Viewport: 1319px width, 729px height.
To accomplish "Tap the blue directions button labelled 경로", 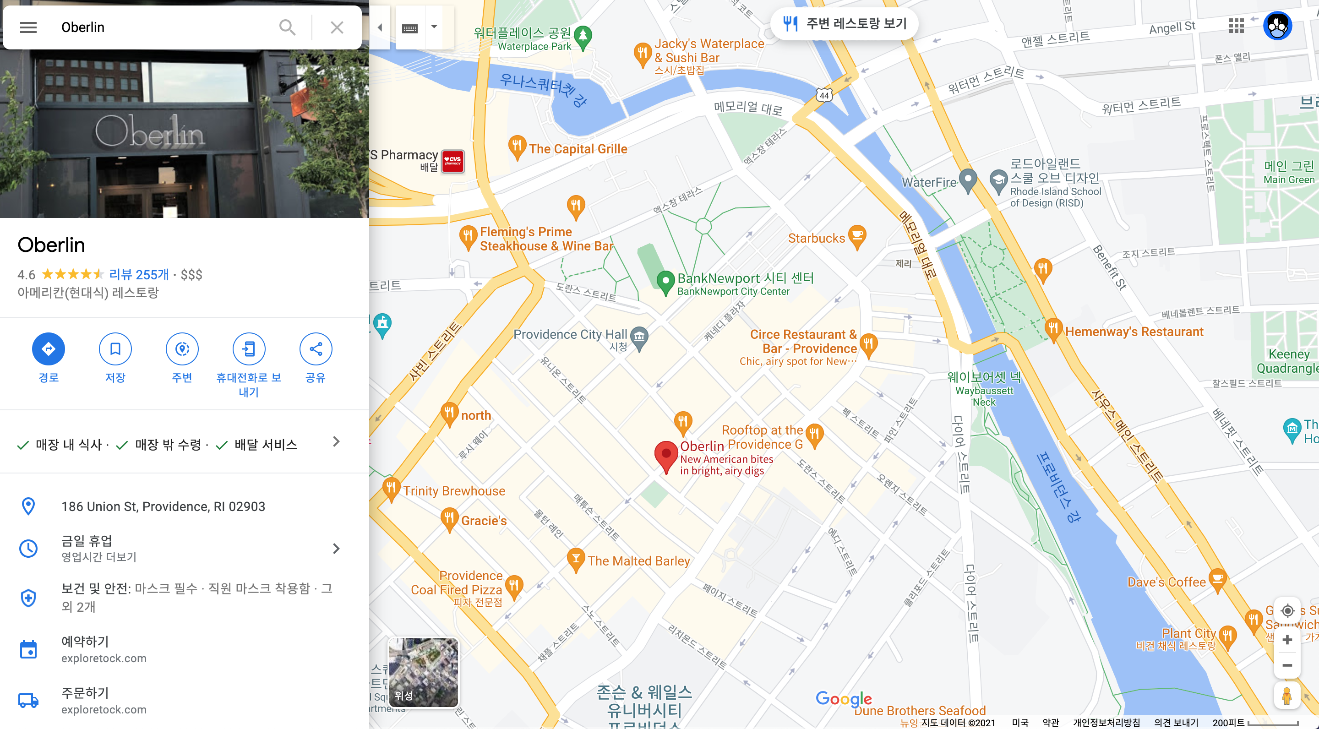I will (48, 349).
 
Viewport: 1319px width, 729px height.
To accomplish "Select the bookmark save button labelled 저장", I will (115, 349).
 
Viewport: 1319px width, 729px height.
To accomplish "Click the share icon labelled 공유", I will (316, 349).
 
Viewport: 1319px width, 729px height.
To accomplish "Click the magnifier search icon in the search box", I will (287, 27).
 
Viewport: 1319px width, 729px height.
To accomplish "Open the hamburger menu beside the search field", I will (28, 27).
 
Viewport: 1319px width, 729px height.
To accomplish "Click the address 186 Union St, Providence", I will (163, 506).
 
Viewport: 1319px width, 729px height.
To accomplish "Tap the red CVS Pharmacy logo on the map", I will (452, 161).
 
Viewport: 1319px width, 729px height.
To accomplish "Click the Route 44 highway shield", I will (824, 95).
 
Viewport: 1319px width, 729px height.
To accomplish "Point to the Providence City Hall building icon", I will (639, 337).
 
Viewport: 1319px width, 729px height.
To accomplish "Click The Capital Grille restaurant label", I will (578, 149).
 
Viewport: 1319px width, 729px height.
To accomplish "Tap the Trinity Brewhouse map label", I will (454, 491).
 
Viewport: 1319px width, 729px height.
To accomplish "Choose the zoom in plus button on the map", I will (1287, 639).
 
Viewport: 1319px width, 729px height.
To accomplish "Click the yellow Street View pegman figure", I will (1287, 695).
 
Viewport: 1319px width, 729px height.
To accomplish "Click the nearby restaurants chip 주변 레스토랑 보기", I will (845, 23).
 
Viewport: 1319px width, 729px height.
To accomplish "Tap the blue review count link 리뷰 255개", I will (139, 274).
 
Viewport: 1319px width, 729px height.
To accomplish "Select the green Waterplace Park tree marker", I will (583, 36).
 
